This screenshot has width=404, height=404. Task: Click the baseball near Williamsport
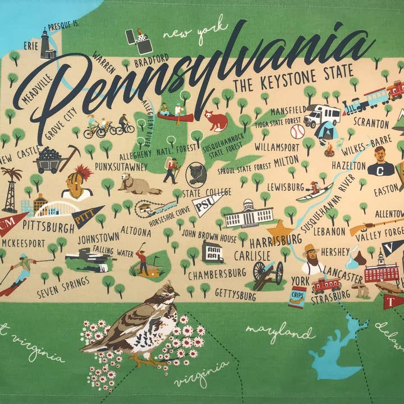coord(297,131)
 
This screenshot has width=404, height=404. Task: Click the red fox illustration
coord(216,120)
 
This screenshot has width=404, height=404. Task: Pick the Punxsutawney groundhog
coord(133,183)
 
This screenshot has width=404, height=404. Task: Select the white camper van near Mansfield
coord(322,115)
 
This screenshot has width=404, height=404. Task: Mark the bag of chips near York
coord(297,296)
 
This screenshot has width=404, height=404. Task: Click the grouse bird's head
coord(167,291)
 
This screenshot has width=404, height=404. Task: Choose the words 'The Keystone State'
coord(293,79)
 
